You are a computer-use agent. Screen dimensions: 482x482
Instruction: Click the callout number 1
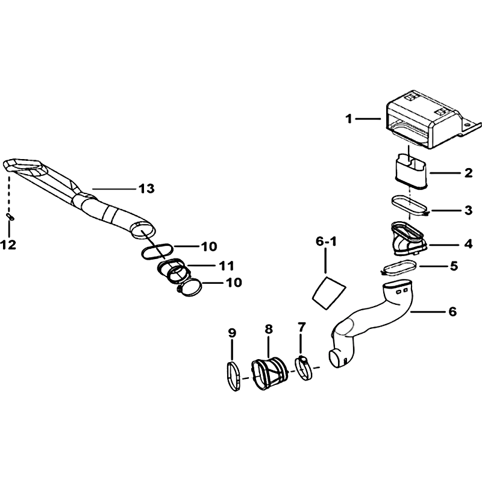(x=348, y=119)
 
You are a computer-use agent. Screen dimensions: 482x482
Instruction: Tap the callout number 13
(x=146, y=189)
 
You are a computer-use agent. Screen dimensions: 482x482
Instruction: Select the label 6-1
(x=326, y=242)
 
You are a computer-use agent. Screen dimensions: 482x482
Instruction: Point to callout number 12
(x=8, y=245)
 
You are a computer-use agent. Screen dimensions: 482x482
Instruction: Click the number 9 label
(x=232, y=333)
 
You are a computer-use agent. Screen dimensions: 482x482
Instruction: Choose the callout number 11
(x=227, y=266)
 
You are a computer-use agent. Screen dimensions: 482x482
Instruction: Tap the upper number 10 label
(x=209, y=246)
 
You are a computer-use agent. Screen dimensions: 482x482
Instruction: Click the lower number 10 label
(x=234, y=283)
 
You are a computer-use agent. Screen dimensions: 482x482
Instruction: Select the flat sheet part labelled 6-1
(x=329, y=292)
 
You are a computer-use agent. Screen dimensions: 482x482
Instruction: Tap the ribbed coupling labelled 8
(x=268, y=374)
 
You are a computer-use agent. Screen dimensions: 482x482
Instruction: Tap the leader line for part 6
(x=428, y=312)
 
